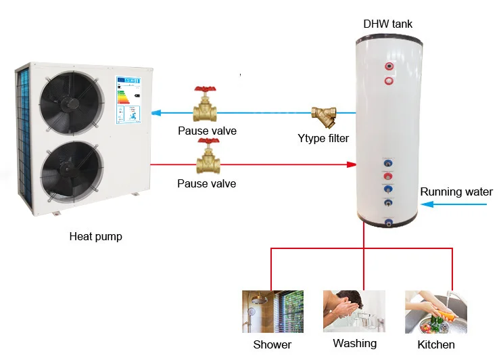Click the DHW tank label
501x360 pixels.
pos(387,24)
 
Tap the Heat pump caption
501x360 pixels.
pos(96,237)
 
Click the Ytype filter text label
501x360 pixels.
pos(323,139)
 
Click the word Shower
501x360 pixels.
pos(272,345)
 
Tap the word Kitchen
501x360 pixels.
pos(435,345)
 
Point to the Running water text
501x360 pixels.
pos(456,192)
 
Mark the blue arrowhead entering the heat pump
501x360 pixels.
pos(156,113)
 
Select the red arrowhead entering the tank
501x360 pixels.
pos(352,164)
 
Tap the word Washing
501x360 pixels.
pos(354,344)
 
